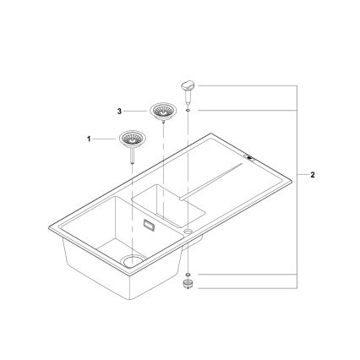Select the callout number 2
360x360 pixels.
pos(314,175)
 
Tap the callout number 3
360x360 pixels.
pos(120,111)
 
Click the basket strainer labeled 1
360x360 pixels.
pos(132,137)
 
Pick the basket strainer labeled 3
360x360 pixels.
pos(161,110)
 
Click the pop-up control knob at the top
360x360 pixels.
pos(188,85)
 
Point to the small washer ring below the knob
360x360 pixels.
pos(188,108)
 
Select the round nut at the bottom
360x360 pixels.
pos(188,286)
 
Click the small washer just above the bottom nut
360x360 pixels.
pos(188,275)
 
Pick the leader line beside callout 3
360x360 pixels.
pos(136,111)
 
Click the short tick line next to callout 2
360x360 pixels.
pos(303,175)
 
